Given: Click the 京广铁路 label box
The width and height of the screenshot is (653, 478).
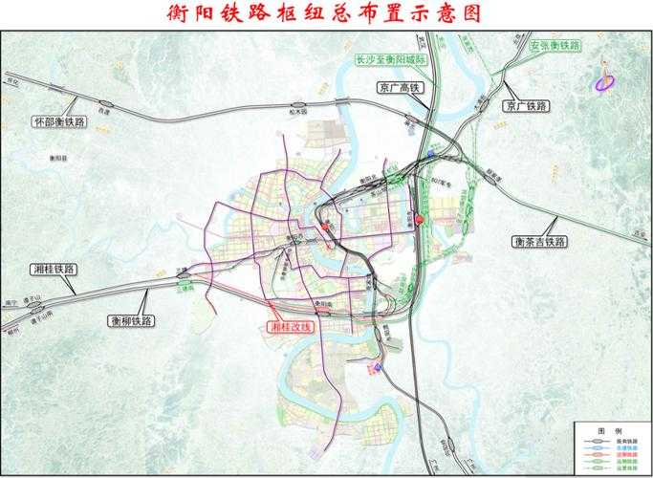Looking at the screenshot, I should pyautogui.click(x=526, y=104).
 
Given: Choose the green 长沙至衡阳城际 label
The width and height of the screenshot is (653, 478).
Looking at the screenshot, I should pyautogui.click(x=389, y=57).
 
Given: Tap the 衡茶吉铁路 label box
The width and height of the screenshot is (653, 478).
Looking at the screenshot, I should pyautogui.click(x=539, y=242).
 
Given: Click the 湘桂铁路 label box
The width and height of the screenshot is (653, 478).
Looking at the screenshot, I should pyautogui.click(x=53, y=270).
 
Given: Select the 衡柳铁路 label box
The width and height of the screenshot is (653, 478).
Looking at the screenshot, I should pyautogui.click(x=131, y=320).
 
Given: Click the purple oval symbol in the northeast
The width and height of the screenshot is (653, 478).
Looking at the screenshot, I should pyautogui.click(x=603, y=84).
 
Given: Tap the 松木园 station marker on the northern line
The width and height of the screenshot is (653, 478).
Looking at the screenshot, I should pyautogui.click(x=300, y=105).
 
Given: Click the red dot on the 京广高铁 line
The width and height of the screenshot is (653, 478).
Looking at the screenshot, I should pyautogui.click(x=419, y=220).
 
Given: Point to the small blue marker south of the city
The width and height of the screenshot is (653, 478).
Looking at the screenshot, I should pyautogui.click(x=378, y=366).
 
